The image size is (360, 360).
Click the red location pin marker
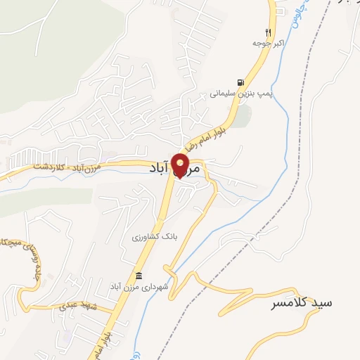[x=181, y=165]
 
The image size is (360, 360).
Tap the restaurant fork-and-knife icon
[x=267, y=32]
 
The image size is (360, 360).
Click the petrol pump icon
[x=242, y=82]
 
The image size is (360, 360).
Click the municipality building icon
[x=139, y=275]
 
